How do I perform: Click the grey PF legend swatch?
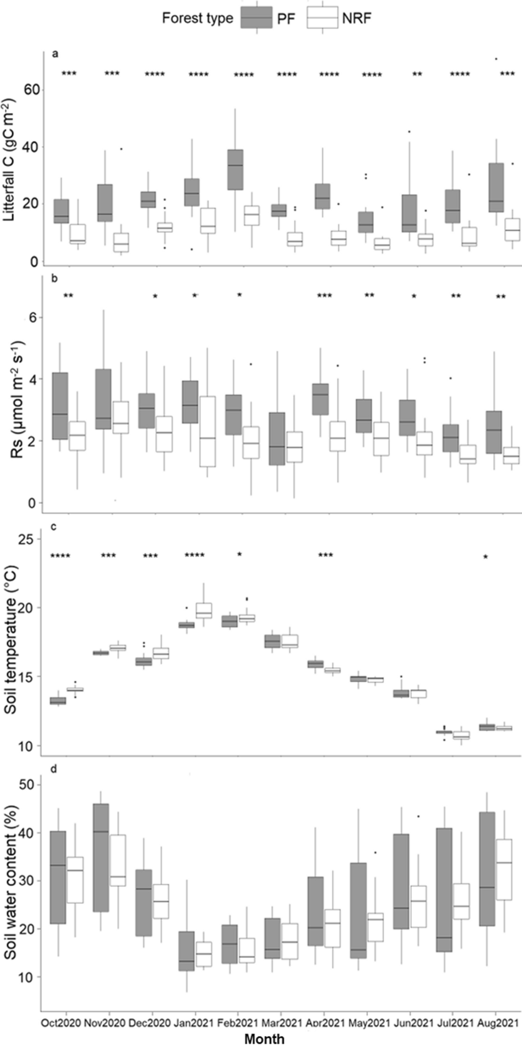coord(256,18)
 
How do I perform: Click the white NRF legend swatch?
coord(322,18)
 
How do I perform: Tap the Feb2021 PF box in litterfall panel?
coord(235,169)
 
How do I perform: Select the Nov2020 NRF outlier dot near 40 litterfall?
coord(121,149)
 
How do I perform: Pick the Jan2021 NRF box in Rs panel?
coord(207,431)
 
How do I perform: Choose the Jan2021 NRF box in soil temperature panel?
coord(204,611)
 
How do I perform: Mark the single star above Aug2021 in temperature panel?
coord(486,557)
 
